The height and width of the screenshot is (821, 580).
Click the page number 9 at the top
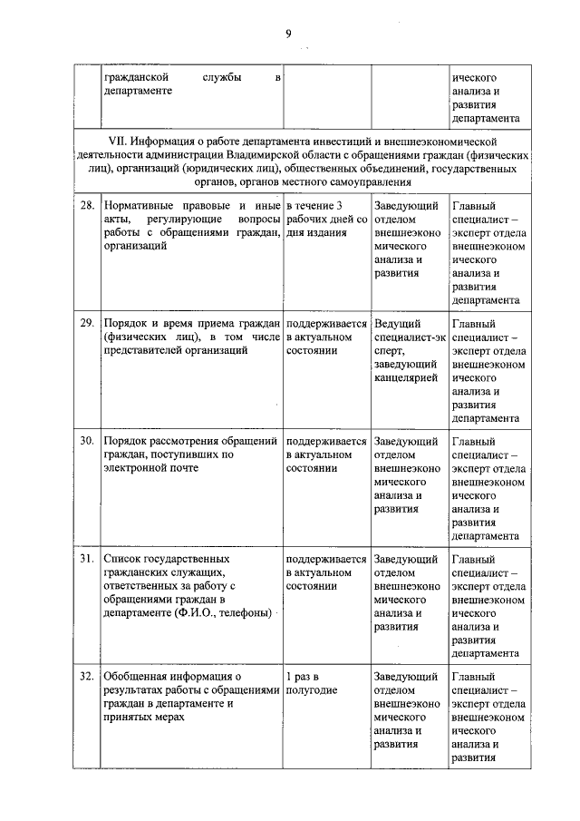point(288,34)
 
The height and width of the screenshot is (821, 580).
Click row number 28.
point(88,206)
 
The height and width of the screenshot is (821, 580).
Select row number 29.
point(88,323)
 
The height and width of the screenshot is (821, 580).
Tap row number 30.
point(88,441)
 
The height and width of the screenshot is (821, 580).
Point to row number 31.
point(88,559)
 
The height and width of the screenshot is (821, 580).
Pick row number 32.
point(88,677)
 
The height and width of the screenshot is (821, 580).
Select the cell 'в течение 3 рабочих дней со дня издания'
point(326,220)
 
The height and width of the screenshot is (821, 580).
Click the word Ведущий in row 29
point(397,323)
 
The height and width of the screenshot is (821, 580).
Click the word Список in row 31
point(122,559)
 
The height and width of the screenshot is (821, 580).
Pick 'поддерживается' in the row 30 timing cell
point(326,441)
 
